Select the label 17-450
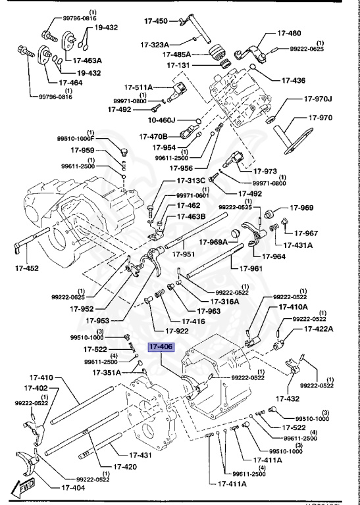point(156,21)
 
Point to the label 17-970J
point(319,99)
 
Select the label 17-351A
point(105,372)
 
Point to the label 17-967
point(306,233)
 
